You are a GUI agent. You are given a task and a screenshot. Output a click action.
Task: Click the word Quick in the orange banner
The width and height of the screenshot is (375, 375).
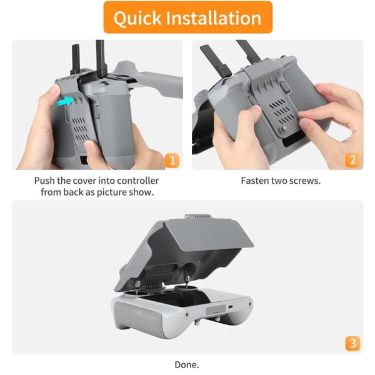(x=137, y=19)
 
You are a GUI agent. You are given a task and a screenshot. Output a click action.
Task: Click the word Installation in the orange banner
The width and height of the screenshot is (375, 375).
(x=214, y=18)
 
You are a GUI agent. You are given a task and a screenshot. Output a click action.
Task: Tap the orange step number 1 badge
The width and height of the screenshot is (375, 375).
(x=172, y=161)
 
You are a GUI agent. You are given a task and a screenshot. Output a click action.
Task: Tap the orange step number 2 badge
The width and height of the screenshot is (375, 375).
(x=352, y=161)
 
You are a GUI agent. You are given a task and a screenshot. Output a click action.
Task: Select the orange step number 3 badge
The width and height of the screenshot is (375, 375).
(x=352, y=344)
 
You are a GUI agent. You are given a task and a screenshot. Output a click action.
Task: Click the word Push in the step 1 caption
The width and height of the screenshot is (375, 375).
(x=44, y=181)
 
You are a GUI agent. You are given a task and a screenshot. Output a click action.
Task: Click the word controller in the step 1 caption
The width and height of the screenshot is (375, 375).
(x=137, y=181)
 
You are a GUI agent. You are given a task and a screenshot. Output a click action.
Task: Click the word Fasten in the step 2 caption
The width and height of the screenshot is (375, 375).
(x=254, y=181)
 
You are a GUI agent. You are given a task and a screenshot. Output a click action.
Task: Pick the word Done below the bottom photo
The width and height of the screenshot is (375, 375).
(x=186, y=365)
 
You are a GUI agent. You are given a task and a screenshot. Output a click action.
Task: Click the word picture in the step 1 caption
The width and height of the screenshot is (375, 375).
(x=112, y=192)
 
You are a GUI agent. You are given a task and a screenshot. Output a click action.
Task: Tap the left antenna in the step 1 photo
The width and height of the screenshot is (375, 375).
(x=76, y=60)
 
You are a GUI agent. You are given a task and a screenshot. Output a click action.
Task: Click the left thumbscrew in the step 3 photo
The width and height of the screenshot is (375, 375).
(x=137, y=286)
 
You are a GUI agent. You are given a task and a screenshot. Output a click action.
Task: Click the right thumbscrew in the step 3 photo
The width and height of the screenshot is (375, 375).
(x=187, y=280)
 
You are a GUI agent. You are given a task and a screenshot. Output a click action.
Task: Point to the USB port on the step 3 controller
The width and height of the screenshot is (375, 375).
(x=230, y=307)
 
